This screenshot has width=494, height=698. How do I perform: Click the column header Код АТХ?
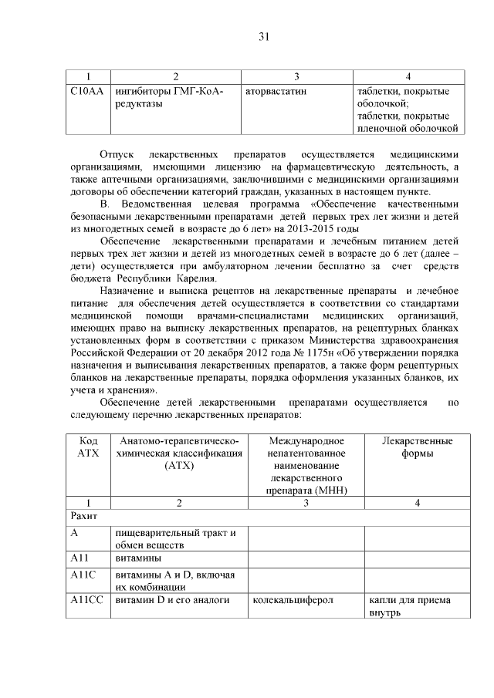[89, 447]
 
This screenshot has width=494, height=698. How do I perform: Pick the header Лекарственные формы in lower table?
[417, 447]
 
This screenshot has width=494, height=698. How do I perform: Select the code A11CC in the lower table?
[84, 600]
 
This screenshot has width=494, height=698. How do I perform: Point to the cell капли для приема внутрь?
[410, 606]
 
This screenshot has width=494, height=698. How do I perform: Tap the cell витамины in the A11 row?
[138, 558]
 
